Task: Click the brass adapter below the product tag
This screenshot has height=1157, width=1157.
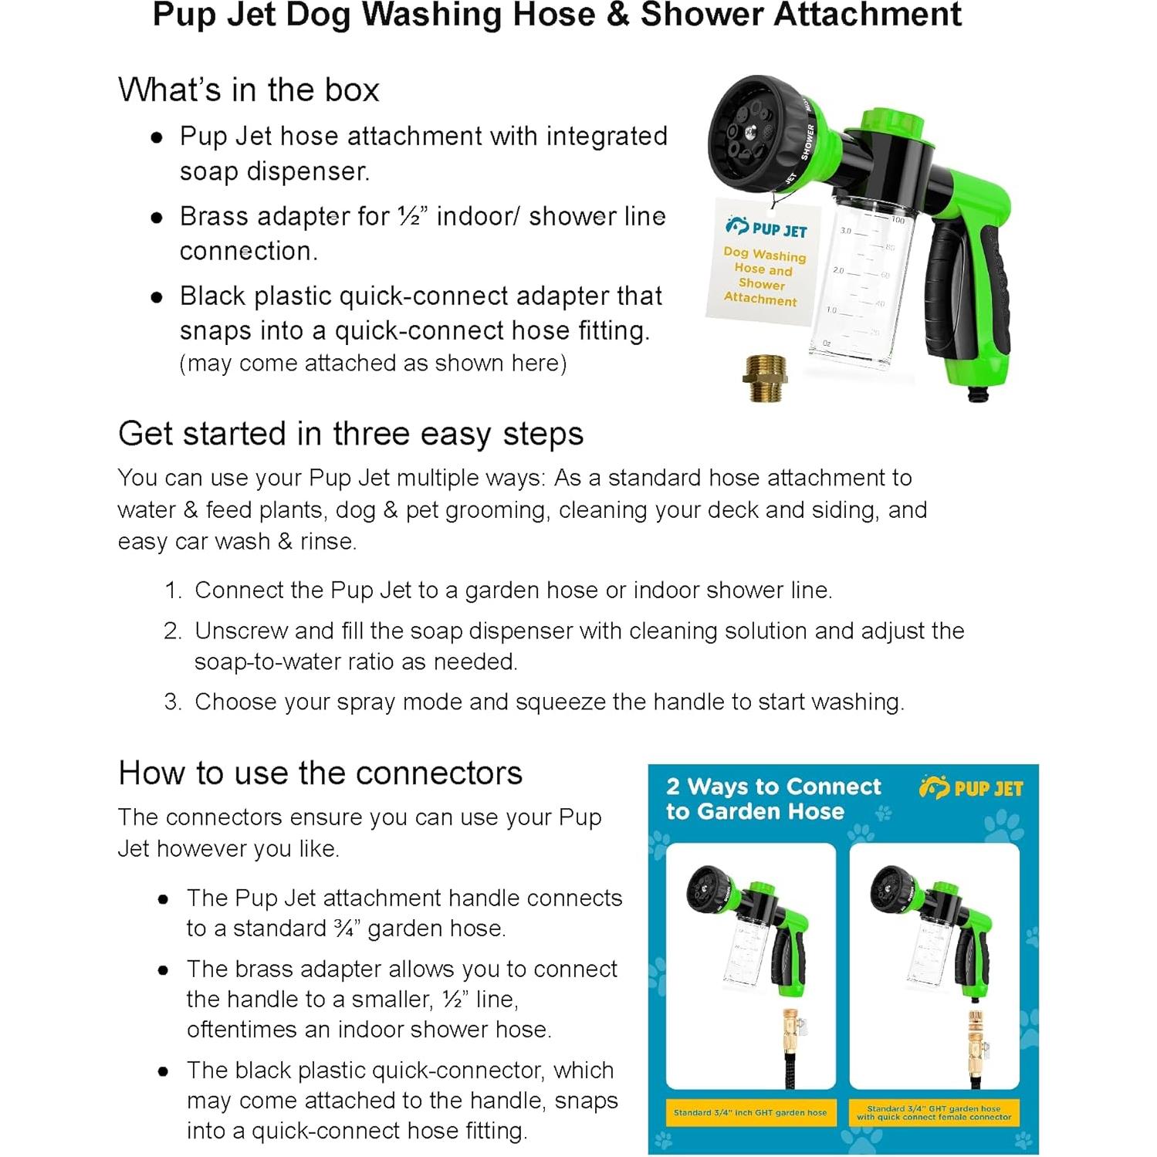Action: coord(765,377)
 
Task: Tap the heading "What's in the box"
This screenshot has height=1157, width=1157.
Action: coord(249,90)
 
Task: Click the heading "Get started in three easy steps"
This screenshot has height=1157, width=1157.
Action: coord(350,434)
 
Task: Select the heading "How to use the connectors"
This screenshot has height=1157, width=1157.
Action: coord(320,773)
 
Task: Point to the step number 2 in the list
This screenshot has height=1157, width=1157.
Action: coord(172,631)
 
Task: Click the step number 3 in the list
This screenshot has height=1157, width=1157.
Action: coord(172,702)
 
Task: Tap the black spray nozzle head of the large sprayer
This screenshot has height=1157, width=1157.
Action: coord(753,131)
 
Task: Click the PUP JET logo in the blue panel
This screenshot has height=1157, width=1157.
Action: coord(970,788)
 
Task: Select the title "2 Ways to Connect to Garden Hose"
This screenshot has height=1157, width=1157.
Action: coord(773,799)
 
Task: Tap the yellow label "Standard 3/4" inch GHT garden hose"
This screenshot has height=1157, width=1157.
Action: coord(749,1113)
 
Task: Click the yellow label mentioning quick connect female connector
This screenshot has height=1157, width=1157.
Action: coord(933,1113)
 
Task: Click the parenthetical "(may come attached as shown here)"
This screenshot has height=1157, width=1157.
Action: coord(373,364)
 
